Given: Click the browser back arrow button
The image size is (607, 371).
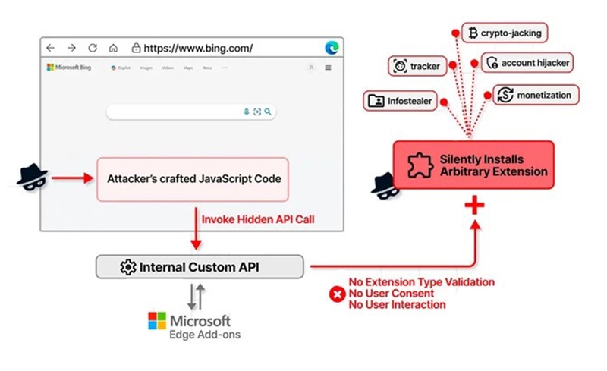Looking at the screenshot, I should [51, 48].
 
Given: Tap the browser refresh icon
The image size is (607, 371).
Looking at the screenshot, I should [93, 48].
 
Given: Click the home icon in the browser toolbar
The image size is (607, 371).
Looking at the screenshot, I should [113, 48].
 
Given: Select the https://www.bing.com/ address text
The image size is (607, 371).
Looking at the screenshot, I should [199, 48].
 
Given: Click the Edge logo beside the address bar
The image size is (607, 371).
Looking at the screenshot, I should [332, 47].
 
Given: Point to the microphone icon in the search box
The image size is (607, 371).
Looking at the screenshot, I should [246, 112].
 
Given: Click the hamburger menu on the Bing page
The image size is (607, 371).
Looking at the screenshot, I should [329, 68].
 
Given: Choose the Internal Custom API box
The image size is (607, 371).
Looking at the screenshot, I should [200, 266].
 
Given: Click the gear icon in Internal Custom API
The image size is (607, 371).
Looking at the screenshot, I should [127, 266].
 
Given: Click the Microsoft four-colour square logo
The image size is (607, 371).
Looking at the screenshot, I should [157, 321].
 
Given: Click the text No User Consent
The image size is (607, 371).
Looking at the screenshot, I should [391, 293].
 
